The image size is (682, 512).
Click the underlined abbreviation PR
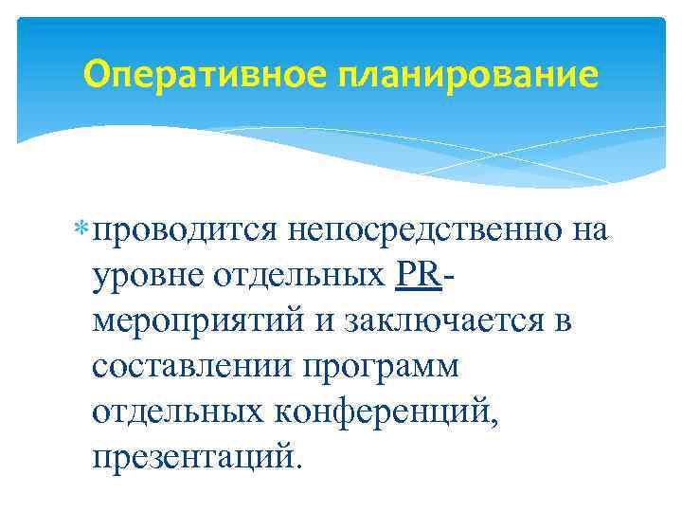pyautogui.click(x=418, y=275)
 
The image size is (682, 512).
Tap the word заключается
pyautogui.click(x=438, y=321)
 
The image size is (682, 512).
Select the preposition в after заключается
pyautogui.click(x=562, y=323)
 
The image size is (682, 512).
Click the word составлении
pyautogui.click(x=192, y=367)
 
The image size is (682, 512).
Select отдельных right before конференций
pyautogui.click(x=177, y=412)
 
